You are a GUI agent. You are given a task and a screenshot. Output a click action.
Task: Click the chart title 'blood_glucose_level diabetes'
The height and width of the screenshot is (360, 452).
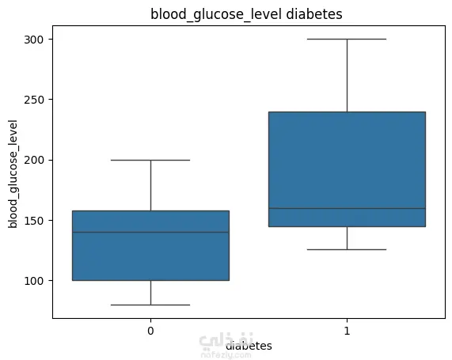(x=246, y=14)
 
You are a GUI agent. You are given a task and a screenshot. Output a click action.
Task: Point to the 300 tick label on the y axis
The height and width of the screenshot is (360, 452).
(x=33, y=40)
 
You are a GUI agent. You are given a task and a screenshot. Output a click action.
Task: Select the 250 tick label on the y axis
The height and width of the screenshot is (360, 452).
(x=33, y=100)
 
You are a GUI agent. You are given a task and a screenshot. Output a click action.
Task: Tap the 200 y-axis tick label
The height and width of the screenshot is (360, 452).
(x=33, y=160)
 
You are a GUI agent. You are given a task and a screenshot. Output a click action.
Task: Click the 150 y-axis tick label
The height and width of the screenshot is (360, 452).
(x=33, y=221)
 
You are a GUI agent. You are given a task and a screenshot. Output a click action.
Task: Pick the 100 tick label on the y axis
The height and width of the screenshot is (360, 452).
(x=33, y=281)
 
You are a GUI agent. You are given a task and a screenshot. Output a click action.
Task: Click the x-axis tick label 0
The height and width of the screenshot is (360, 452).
(x=150, y=331)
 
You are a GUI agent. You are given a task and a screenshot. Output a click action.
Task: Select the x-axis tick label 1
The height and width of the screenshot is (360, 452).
(x=347, y=331)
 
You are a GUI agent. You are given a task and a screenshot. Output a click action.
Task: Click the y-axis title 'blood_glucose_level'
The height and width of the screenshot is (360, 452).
(x=13, y=174)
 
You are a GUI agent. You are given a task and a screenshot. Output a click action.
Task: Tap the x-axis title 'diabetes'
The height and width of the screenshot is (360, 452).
(x=249, y=346)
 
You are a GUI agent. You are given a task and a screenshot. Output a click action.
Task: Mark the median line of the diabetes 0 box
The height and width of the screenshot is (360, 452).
(x=150, y=232)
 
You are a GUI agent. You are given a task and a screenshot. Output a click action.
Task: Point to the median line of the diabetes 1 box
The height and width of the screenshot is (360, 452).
(x=347, y=208)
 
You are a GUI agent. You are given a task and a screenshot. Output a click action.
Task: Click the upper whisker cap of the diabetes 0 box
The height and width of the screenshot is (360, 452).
(x=150, y=160)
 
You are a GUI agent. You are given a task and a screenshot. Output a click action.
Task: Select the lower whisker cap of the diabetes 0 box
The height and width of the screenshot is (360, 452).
(x=150, y=305)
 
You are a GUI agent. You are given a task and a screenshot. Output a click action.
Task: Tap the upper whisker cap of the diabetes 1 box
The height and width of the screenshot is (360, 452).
(x=347, y=39)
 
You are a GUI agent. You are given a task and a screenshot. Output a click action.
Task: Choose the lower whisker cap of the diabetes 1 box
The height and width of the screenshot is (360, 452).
(x=347, y=249)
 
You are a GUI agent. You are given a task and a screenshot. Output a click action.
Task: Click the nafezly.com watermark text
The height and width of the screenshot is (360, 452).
(x=226, y=354)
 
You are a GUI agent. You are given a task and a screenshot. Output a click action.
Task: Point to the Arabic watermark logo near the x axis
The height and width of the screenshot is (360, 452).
(x=226, y=340)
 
